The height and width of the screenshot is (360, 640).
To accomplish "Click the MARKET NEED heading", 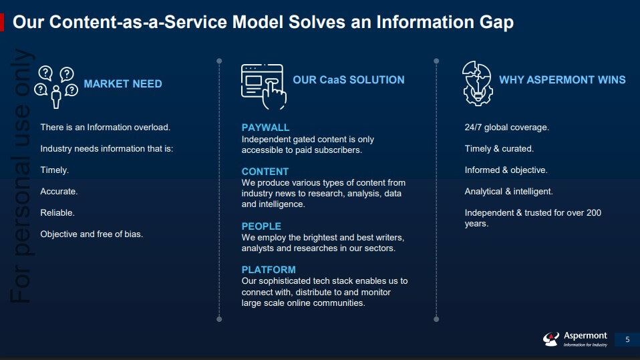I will coord(122,84).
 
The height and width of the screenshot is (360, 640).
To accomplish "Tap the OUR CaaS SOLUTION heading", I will coord(348,80).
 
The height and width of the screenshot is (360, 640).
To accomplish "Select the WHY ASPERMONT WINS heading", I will coord(562,80).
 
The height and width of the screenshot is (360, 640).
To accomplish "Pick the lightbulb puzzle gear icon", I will coord(477,83).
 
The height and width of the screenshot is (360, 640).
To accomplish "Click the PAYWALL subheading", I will coord(265,128).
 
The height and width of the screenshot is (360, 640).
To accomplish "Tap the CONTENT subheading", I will coord(265,172).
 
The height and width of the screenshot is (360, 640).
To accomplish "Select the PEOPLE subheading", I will coord(261,226).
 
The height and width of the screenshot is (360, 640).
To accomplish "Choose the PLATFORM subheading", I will coord(269,270).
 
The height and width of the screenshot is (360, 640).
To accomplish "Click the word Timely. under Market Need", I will coord(55,170).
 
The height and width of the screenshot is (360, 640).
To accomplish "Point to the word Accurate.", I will coord(59,192).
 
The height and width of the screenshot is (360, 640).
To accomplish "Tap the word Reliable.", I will coord(57,213).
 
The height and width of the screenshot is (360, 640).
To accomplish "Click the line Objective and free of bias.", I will coord(92,234).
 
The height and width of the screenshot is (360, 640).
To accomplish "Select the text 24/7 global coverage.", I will coord(506,128).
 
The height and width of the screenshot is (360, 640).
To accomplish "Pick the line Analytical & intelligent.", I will coord(508,192).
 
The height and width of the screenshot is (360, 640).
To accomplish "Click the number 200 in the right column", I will coord(593,213).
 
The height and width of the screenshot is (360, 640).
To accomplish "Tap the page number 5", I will coord(627,340).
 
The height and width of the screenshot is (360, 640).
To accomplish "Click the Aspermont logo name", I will coord(585,336).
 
